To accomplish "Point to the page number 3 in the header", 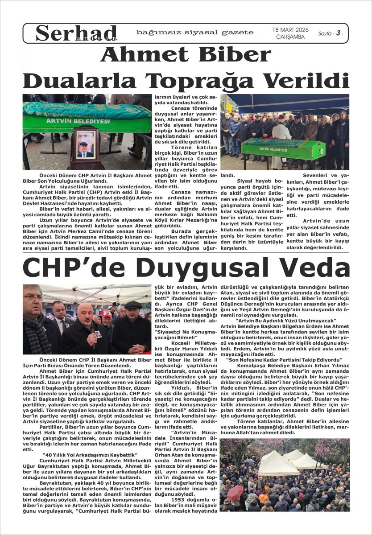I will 339,33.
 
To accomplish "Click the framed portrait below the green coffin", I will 85,145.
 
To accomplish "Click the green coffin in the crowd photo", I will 282,148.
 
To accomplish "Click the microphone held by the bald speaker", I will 93,329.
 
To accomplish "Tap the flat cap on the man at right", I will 133,305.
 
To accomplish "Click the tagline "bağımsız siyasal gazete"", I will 195,32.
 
